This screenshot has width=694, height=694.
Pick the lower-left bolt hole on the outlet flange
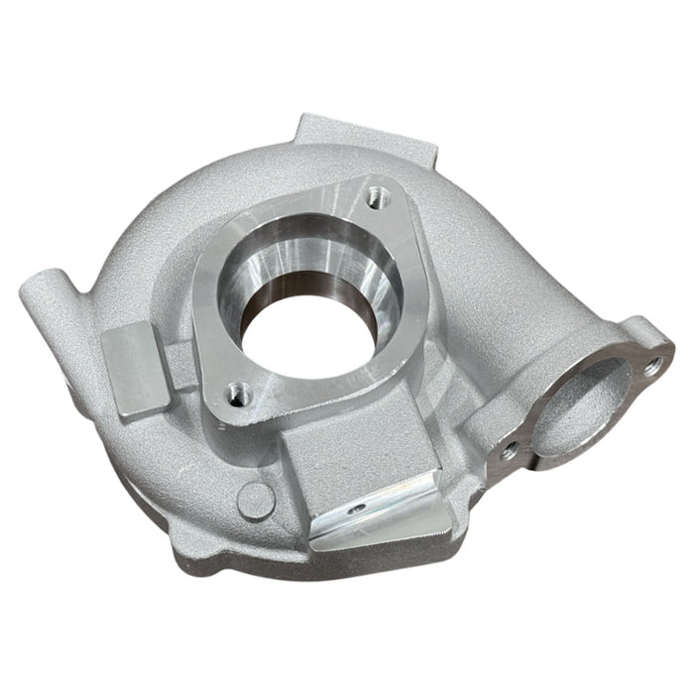click(x=509, y=449)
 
